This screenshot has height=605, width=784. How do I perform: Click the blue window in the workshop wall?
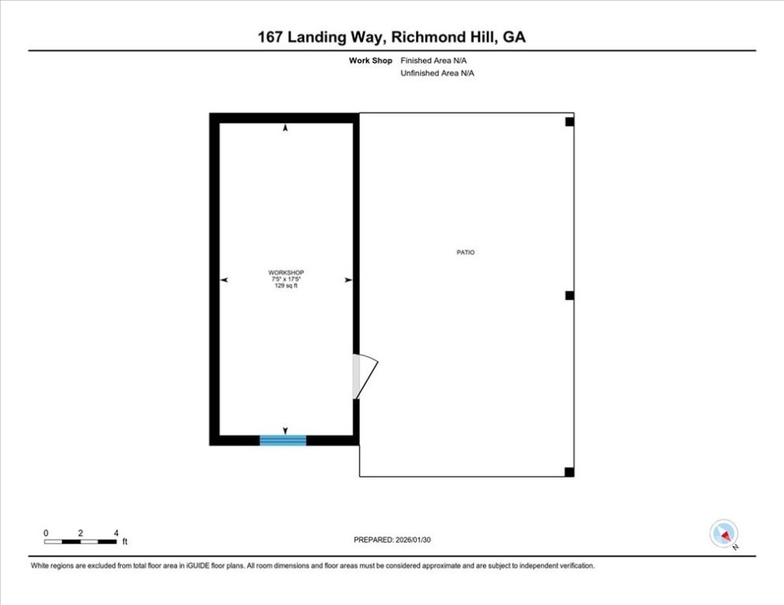(283, 440)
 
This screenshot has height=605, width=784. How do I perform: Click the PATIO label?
(466, 253)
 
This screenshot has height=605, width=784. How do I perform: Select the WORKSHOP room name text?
(286, 273)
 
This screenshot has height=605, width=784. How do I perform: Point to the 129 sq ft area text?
(286, 285)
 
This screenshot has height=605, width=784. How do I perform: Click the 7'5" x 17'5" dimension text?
(286, 279)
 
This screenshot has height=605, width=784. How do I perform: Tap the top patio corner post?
(570, 121)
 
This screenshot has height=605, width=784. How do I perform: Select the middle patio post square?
(570, 295)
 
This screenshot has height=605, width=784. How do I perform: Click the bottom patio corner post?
(570, 472)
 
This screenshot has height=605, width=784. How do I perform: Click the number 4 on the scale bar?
(116, 533)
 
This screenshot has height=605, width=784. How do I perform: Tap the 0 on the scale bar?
(46, 533)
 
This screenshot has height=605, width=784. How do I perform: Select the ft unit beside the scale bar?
(125, 541)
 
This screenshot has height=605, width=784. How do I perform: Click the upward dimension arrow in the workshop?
(285, 128)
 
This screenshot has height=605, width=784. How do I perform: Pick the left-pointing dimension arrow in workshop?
(224, 280)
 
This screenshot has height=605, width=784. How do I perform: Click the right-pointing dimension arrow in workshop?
(348, 280)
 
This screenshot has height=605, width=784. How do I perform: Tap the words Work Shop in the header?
(370, 61)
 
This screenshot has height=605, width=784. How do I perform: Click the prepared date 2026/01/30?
(413, 540)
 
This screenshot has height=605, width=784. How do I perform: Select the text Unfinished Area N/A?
(437, 73)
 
